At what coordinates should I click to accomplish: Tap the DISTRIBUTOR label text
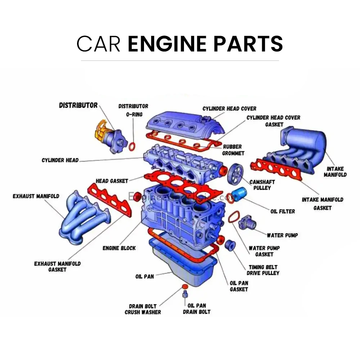(78, 105)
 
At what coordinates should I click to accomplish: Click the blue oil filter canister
(238, 195)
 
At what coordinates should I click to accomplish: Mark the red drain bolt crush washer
(185, 286)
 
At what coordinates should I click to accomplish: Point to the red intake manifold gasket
(277, 169)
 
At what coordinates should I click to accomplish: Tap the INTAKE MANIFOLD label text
(335, 172)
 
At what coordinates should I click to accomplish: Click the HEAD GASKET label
(112, 181)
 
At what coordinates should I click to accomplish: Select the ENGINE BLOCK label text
(119, 248)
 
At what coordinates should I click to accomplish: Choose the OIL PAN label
(144, 276)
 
